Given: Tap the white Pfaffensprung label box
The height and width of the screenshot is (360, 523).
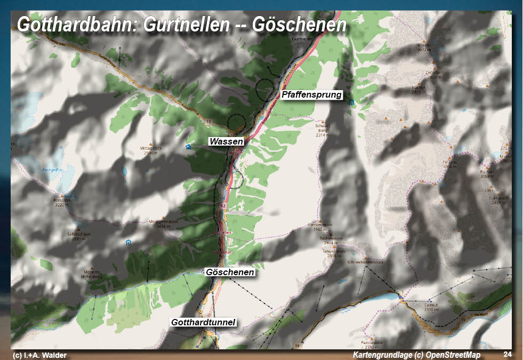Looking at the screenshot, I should point(311,94).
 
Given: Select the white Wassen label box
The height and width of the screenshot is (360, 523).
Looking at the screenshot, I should point(226,141).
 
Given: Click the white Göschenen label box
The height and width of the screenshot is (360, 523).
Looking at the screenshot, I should point(230,272).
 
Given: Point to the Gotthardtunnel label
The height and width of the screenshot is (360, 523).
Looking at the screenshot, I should point(203,322).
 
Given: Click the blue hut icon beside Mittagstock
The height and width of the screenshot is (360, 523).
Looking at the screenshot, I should point(188,146).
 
